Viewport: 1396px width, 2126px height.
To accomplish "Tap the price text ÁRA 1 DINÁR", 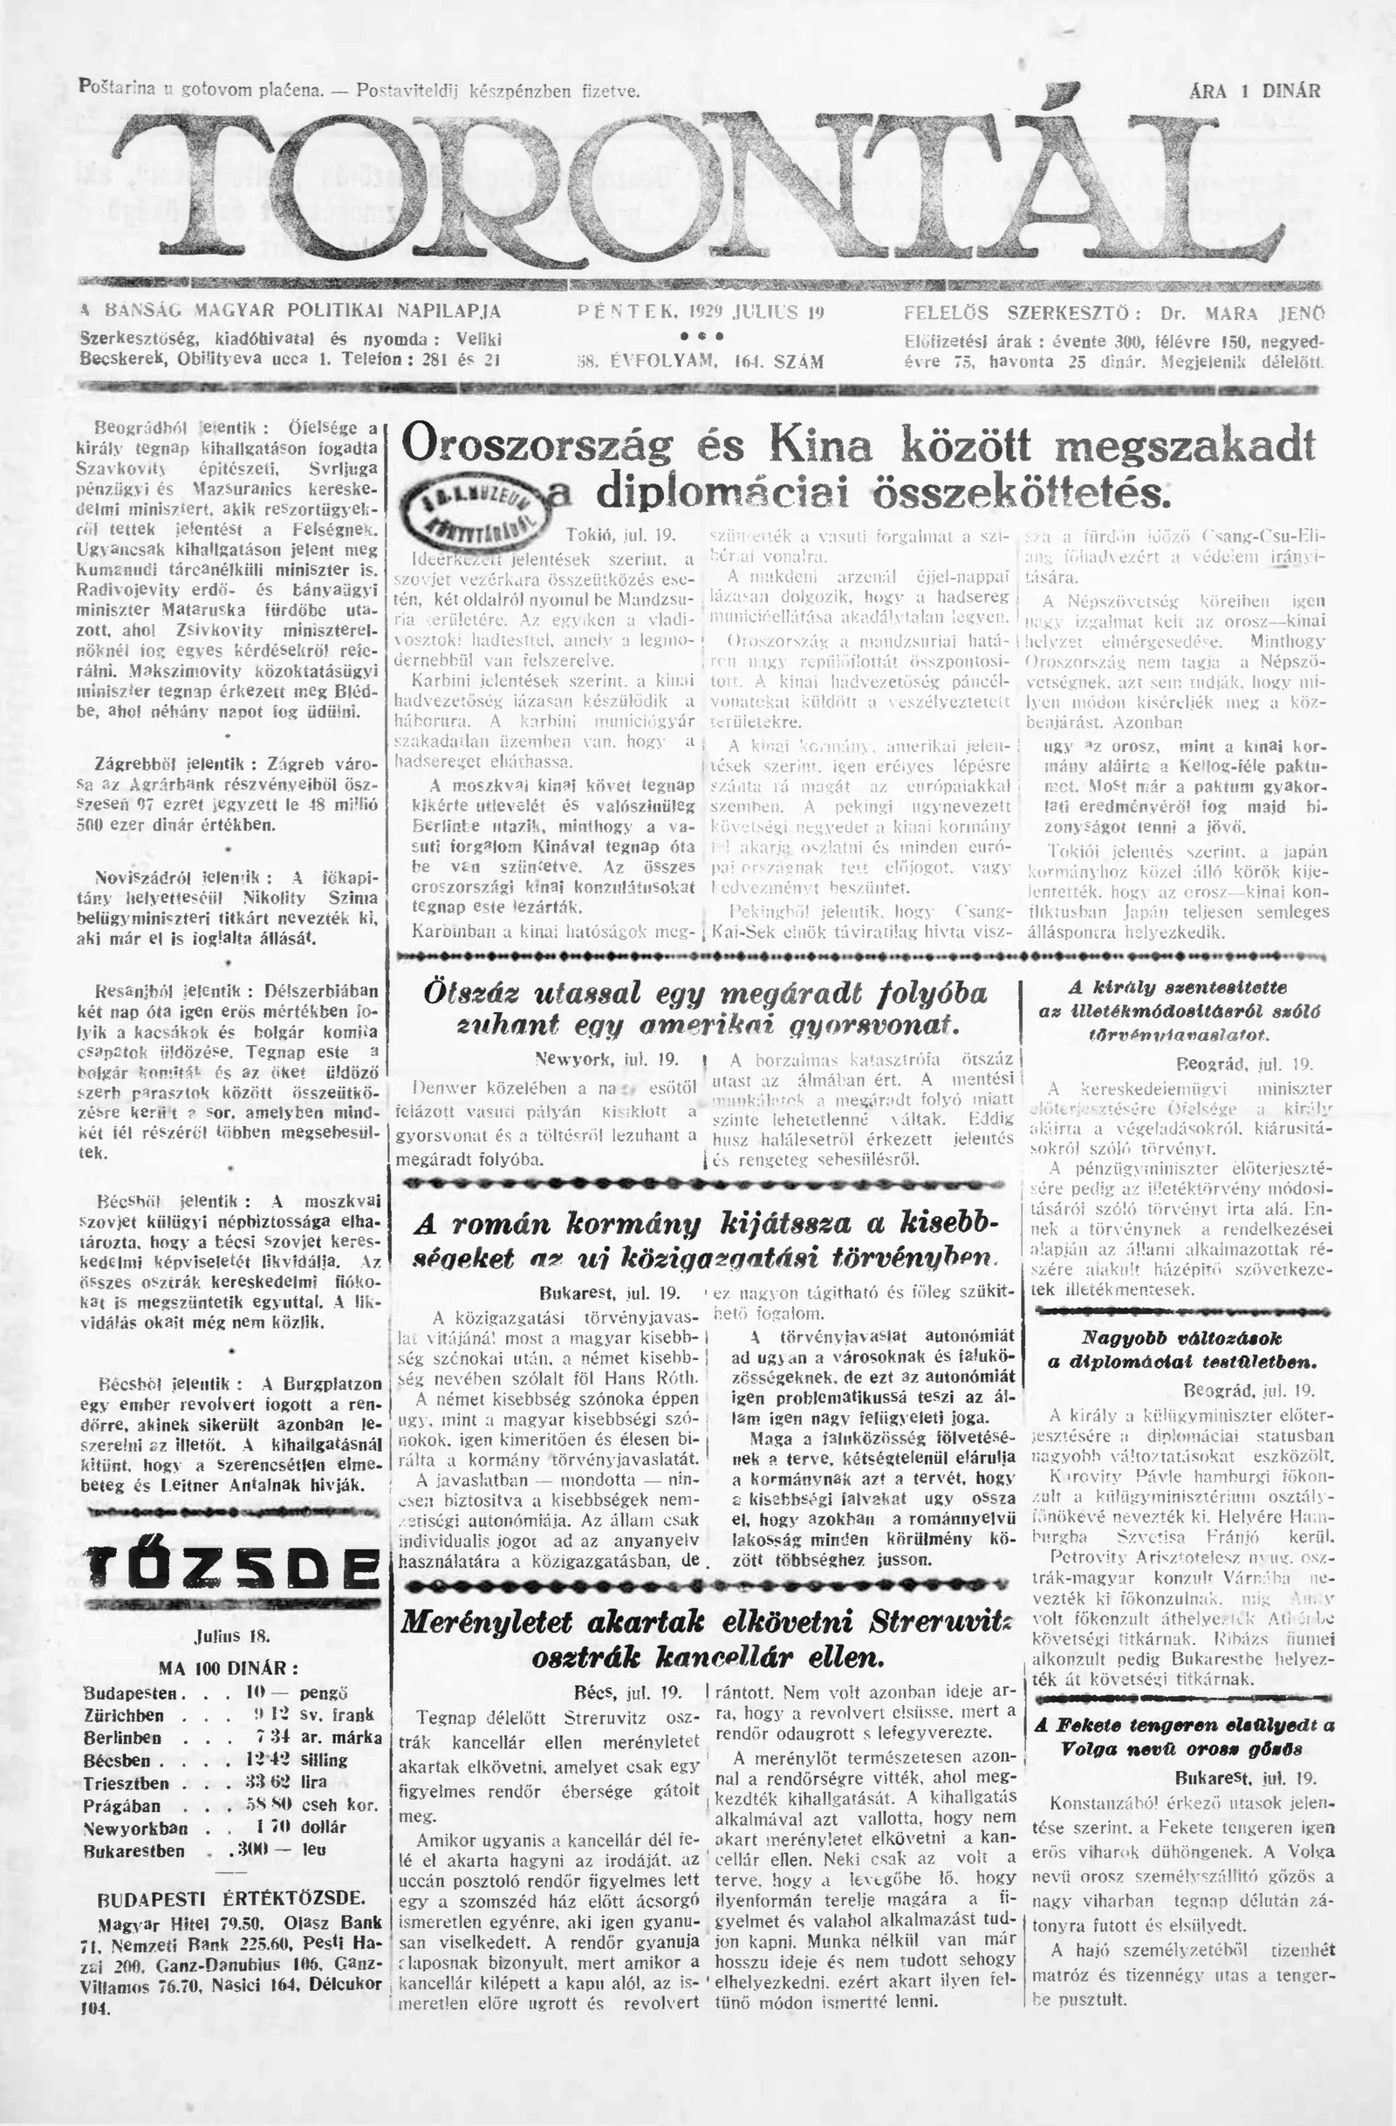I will (x=1255, y=91).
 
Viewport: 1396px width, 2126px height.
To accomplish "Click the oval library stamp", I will (x=475, y=509).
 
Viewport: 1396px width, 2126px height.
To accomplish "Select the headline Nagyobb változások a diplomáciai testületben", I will (x=1182, y=1350).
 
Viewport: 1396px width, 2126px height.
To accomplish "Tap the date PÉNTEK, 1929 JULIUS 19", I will (x=700, y=312).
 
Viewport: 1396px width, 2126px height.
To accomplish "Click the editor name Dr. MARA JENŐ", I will (x=1241, y=314).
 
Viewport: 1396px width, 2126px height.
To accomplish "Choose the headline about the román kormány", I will (x=706, y=1241).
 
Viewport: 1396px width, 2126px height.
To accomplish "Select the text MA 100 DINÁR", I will (x=228, y=1668).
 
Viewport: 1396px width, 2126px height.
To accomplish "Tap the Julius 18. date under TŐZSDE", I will (x=231, y=1637).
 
